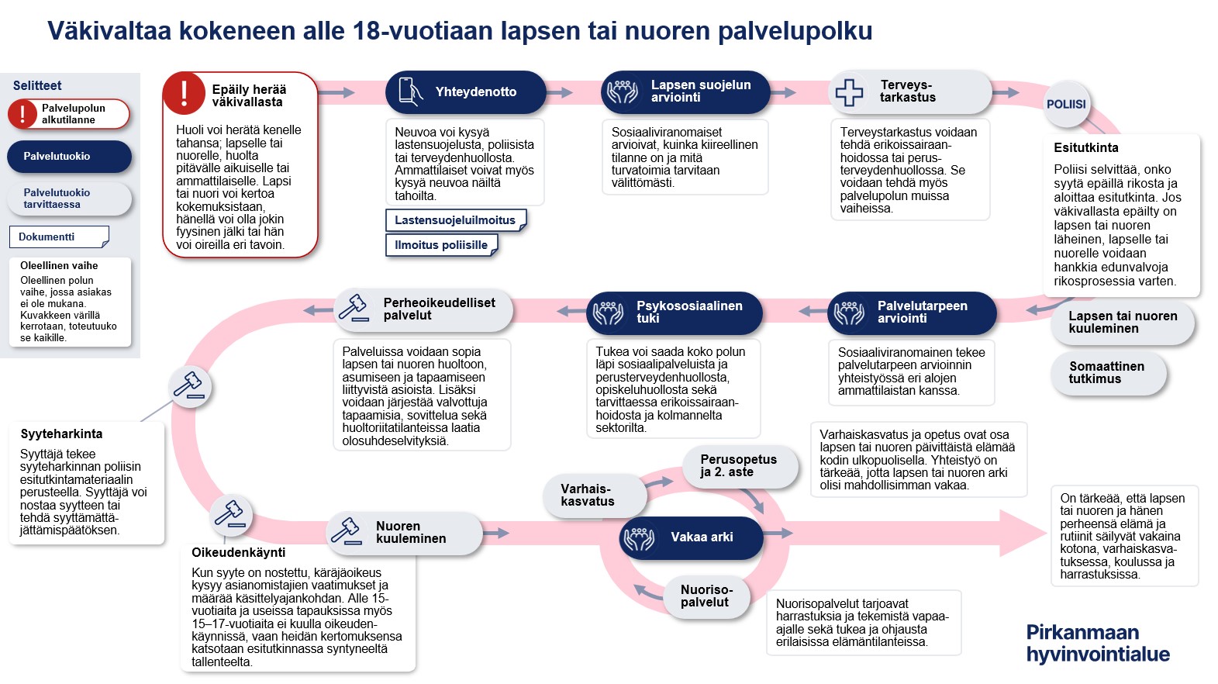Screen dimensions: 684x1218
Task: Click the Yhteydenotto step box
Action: (466, 92)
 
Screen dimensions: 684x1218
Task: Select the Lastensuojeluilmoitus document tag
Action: (455, 220)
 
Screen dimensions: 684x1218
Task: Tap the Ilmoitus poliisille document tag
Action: (441, 245)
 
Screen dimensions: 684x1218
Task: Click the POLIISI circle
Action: (1066, 105)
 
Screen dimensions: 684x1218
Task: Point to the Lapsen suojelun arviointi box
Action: (685, 92)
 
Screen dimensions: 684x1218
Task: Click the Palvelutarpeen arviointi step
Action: (912, 313)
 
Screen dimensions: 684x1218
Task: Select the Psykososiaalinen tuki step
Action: (674, 313)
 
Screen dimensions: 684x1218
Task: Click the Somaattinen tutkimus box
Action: (1108, 373)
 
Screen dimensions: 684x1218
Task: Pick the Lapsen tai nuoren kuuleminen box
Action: (1122, 323)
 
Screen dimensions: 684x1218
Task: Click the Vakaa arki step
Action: (692, 537)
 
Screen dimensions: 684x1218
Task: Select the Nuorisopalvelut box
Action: (707, 596)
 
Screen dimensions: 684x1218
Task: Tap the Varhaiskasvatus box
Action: (592, 496)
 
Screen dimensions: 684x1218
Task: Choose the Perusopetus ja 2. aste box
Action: (739, 466)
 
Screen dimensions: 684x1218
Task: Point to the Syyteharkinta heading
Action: (61, 434)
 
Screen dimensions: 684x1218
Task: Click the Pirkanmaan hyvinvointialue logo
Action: (1097, 644)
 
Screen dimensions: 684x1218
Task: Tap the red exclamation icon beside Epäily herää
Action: (184, 93)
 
